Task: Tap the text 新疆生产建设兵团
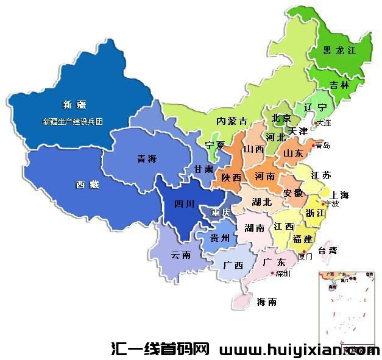pos(73,121)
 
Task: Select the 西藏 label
pos(87,185)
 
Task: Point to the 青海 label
pos(146,159)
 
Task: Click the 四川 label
pos(184,204)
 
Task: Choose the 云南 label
pos(181,255)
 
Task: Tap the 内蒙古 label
pos(232,121)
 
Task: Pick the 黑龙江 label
pos(339,51)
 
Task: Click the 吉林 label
pos(339,85)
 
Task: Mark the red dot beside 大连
pos(316,122)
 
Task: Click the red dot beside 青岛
pos(313,145)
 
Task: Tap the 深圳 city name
pos(283,274)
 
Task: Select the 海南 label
pos(267,302)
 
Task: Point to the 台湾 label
pos(324,250)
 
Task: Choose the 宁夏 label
pos(214,146)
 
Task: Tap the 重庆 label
pos(220,213)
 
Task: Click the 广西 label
pos(233,266)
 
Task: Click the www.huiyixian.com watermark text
pos(299,350)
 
